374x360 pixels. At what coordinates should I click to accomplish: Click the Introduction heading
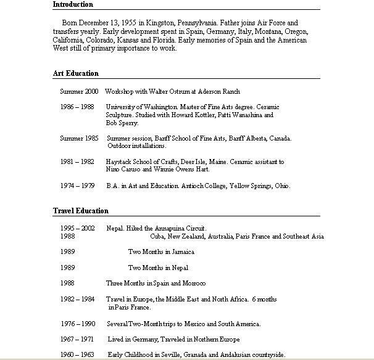point(73,4)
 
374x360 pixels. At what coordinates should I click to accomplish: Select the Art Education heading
point(75,73)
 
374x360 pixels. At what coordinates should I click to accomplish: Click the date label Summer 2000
point(79,91)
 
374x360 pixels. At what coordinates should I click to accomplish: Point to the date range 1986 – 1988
point(77,107)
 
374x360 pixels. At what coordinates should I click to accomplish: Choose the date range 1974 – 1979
point(77,186)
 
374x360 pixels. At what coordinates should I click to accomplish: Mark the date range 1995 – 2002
point(77,228)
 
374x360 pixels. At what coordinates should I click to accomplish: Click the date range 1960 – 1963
point(77,354)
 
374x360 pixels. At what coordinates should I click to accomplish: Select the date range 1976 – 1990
point(77,324)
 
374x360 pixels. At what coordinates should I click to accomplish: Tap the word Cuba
point(157,236)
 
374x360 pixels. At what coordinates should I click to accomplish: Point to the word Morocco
point(194,283)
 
